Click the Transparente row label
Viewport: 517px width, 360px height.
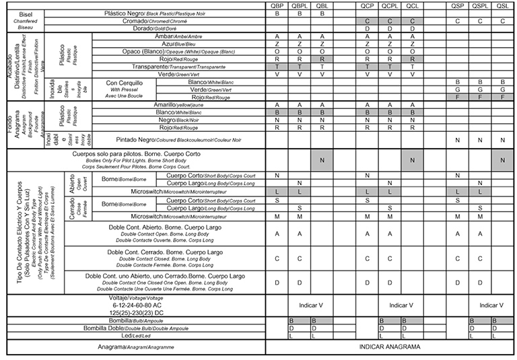pos(182,67)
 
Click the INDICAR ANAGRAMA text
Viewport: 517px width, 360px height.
pos(390,347)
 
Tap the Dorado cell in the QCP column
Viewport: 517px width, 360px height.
pos(367,28)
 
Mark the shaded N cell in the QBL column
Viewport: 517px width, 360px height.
pos(322,159)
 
